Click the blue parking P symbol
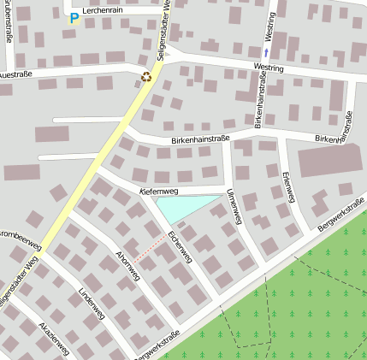pos(74,17)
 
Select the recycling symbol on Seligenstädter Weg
pos(146,77)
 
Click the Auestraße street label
pos(15,74)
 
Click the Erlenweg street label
pos(287,186)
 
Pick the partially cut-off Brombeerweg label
pos(21,233)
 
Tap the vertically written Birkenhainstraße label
pos(261,99)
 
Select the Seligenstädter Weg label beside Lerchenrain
pos(163,29)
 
